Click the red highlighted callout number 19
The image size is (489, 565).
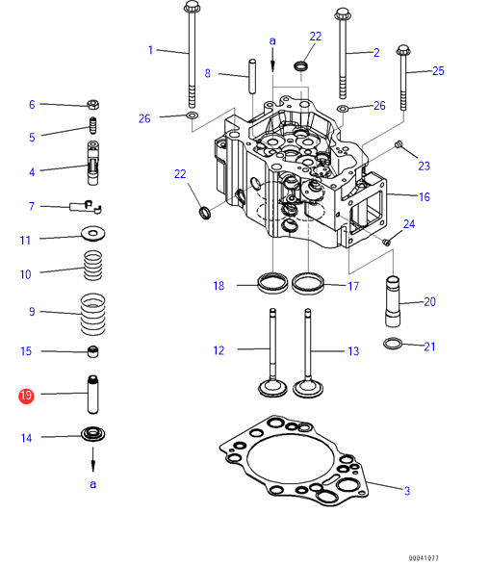[x=26, y=397]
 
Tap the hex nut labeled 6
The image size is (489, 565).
[x=93, y=105]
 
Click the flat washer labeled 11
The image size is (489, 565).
[x=93, y=234]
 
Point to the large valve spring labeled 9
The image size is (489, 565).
[x=93, y=314]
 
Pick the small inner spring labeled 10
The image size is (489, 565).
[x=93, y=266]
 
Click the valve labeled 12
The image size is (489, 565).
[x=272, y=353]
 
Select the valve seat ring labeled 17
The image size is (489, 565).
[x=308, y=284]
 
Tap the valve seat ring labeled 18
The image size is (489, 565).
[x=272, y=284]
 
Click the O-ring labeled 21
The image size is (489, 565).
[x=393, y=344]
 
